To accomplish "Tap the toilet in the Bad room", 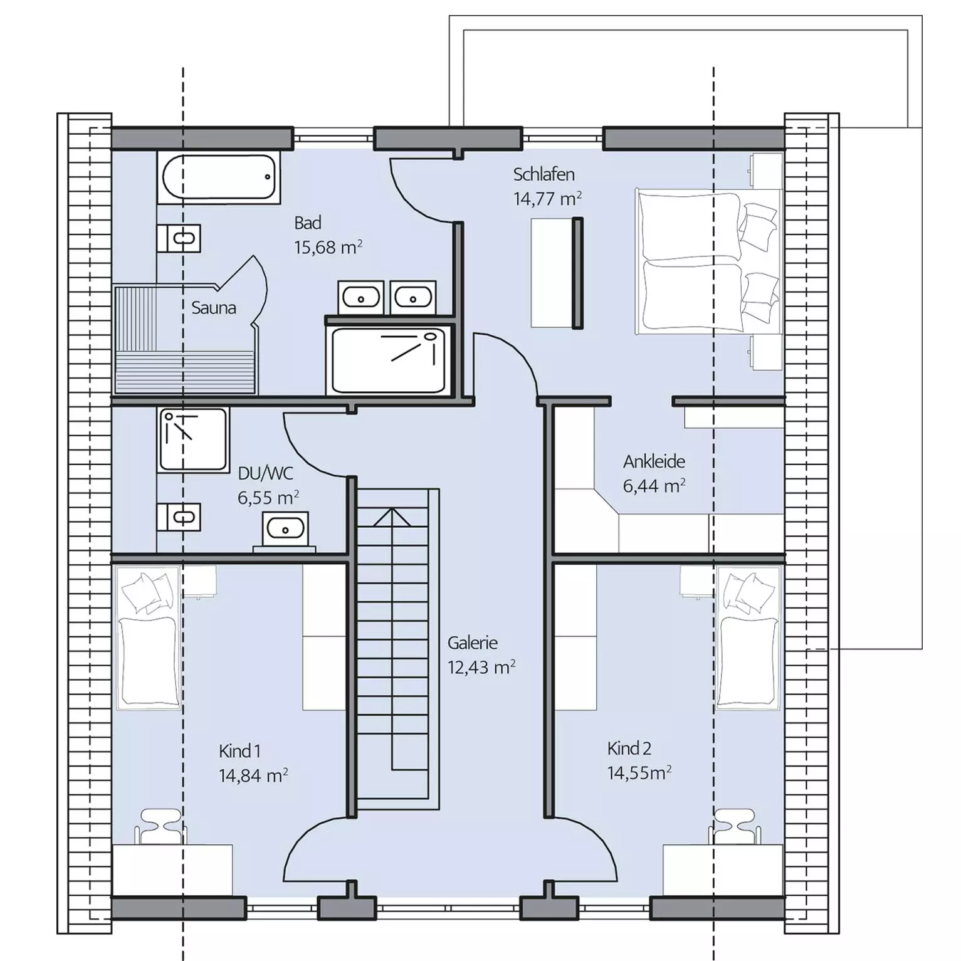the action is pos(179,238).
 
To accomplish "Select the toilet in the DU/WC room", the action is pos(179,517).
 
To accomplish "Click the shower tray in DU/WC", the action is pos(194,439).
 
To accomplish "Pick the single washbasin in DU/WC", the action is pos(285,528).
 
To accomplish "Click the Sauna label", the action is pos(214,308).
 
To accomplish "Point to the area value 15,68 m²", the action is pos(328,248).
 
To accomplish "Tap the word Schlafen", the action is pos(544,174).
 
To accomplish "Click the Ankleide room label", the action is pos(654,462).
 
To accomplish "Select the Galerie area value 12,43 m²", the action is pos(481,667).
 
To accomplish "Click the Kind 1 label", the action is pos(239,751).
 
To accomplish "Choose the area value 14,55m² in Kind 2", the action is pos(639,772).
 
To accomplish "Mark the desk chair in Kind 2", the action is pos(735,826).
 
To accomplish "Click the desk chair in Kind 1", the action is pos(161,826).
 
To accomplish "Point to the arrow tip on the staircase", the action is pos(392,509).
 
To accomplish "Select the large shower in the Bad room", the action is pos(389,360).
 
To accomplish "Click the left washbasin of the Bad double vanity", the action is pos(360,297).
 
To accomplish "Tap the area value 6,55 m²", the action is pos(268,498).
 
